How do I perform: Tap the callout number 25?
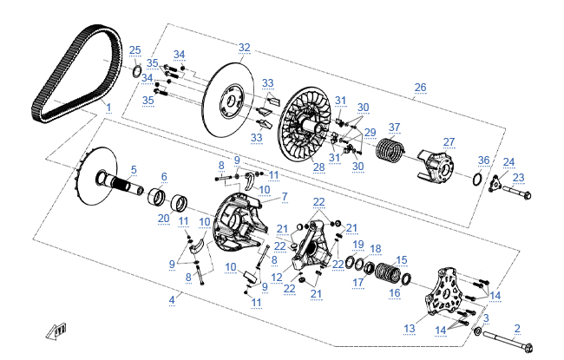(134, 49)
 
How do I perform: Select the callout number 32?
(244, 47)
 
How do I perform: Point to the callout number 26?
(421, 87)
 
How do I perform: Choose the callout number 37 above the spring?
(394, 127)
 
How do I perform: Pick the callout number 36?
(483, 160)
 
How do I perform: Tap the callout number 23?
(519, 177)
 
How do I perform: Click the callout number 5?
(134, 169)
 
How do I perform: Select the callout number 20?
(163, 219)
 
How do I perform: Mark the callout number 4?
(172, 299)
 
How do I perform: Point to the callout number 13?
(410, 329)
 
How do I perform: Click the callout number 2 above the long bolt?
(517, 328)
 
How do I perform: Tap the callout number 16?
(395, 293)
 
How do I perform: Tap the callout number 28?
(318, 167)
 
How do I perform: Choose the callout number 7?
(284, 197)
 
